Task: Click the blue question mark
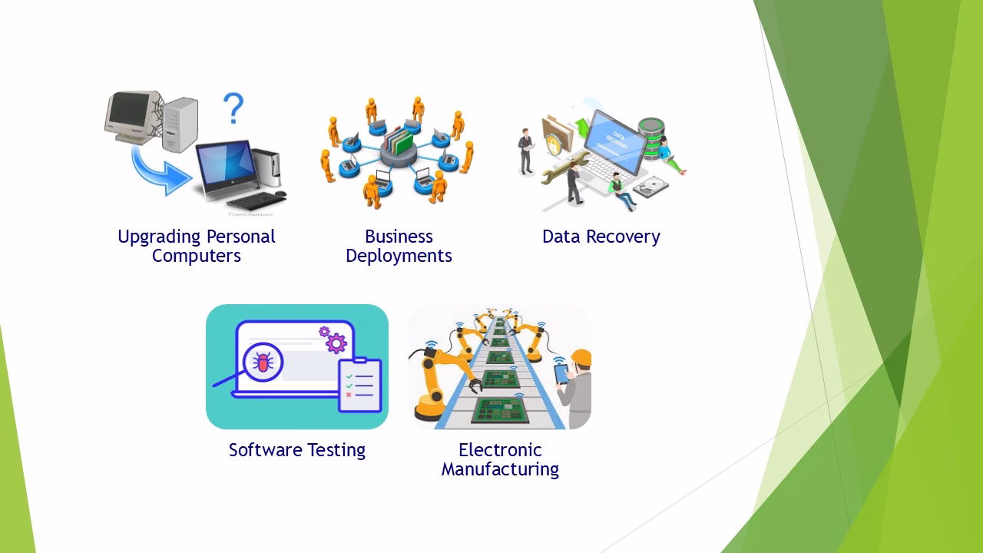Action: tap(233, 108)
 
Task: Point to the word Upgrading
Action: tap(159, 237)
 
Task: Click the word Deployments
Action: tap(399, 256)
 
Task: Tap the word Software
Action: tap(265, 450)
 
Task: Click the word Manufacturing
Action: tap(500, 469)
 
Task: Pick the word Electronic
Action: tap(500, 450)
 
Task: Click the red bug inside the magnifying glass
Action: tap(263, 363)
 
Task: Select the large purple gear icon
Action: tap(336, 343)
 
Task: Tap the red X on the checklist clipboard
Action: tap(349, 395)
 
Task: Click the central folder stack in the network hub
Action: tap(399, 141)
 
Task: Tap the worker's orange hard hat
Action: tap(581, 357)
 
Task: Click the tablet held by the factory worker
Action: tap(561, 374)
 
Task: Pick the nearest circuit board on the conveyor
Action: tap(499, 411)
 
